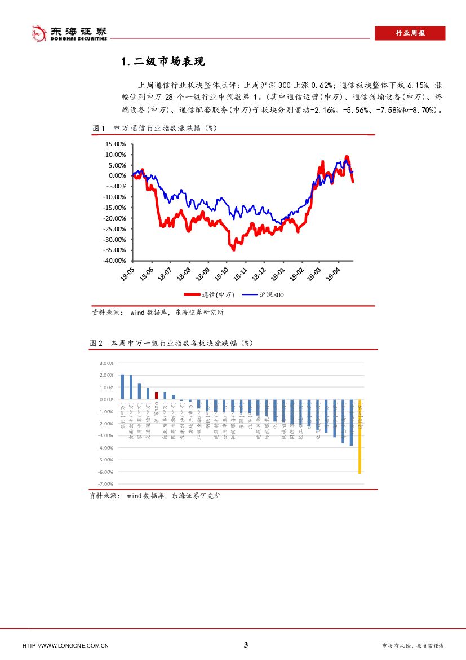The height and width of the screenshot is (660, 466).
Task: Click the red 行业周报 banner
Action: coord(410,33)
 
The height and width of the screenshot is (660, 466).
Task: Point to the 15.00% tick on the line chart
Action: coord(116,144)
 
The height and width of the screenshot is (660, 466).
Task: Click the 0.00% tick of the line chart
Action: coord(117,175)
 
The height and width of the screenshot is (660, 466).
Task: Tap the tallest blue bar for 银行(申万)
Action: coord(122,386)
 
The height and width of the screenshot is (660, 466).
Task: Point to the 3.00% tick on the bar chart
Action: coord(106,363)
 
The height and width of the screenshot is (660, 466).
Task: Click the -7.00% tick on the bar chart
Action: coord(106,485)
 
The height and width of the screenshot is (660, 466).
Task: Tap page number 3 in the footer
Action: coord(246,645)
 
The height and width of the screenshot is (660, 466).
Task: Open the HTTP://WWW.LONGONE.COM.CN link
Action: coord(65,646)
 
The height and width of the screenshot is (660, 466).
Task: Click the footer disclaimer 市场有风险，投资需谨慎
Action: coord(412,646)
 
